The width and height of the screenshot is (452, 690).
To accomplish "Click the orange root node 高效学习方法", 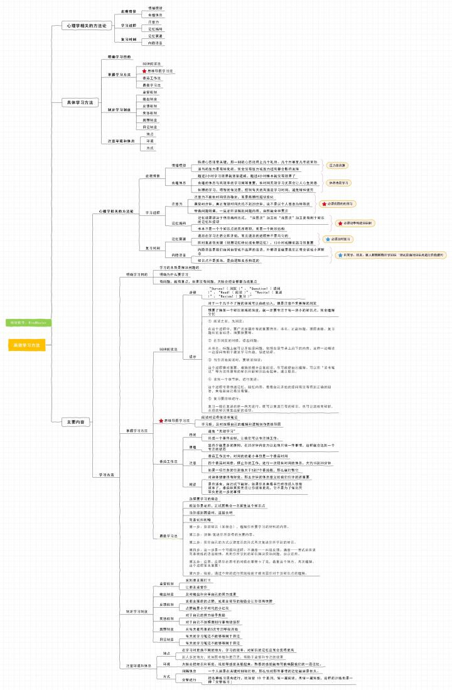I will [x=27, y=345].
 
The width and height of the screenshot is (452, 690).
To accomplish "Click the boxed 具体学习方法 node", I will [x=81, y=102].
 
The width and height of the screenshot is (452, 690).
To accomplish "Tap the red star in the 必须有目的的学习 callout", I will [x=323, y=203].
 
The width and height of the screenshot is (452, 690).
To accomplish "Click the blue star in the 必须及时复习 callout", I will [x=326, y=239].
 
